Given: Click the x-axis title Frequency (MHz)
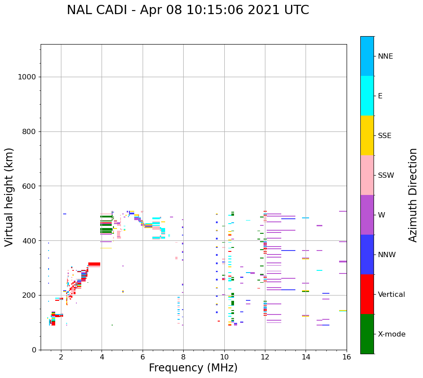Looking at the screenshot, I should coord(193,368).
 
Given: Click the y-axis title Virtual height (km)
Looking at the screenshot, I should coord(9,197).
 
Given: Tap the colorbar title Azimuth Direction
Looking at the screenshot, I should coord(413,195).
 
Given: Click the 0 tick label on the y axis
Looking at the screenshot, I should coord(34,350).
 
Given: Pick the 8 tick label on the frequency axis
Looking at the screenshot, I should coord(183,357).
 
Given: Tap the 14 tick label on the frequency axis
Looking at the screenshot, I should coord(306,357).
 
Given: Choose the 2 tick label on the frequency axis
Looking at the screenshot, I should coord(61,357).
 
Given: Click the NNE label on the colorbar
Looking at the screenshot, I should coord(385,56).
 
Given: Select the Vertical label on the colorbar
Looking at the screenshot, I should coord(391,295).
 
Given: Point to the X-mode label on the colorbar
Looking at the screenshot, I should coord(392,334).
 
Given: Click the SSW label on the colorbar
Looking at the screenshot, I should coord(386,176).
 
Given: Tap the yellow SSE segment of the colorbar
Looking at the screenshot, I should coord(367,135).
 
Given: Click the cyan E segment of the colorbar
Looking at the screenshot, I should coord(367,96).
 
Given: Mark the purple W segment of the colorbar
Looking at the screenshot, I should coord(367,215).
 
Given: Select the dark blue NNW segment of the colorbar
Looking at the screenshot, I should coord(367,254).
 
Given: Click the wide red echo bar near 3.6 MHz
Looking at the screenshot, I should coord(94,264).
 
